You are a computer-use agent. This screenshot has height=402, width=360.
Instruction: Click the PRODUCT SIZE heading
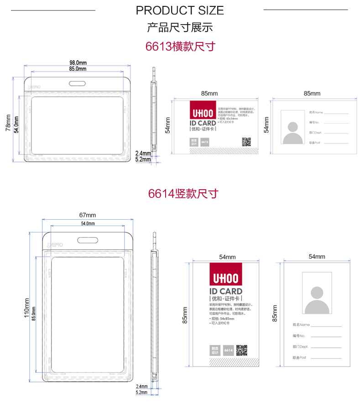click(x=180, y=10)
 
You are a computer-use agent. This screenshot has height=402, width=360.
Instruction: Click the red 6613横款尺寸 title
click(x=180, y=46)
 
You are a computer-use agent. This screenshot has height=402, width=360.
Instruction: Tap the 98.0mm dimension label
click(x=78, y=62)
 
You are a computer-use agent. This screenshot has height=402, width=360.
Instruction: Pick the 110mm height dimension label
click(x=26, y=308)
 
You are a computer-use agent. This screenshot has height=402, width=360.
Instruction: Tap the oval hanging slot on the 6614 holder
click(x=88, y=240)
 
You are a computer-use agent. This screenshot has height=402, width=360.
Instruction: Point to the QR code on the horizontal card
click(x=246, y=142)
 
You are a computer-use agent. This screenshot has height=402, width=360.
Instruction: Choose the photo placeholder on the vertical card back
click(x=317, y=293)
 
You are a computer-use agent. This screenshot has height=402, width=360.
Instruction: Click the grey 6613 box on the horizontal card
click(x=205, y=142)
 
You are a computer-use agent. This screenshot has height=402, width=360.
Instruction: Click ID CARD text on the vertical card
click(x=225, y=291)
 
